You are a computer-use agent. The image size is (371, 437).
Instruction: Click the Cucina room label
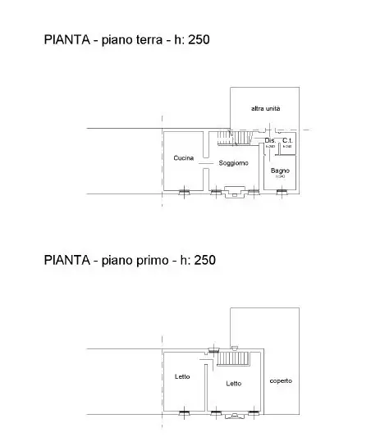click(183, 157)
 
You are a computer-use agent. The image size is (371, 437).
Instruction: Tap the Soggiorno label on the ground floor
click(233, 162)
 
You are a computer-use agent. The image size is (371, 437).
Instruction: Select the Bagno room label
click(280, 170)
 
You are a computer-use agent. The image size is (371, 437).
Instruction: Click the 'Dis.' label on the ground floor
click(270, 141)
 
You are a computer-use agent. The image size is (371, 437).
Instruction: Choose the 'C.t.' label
click(286, 141)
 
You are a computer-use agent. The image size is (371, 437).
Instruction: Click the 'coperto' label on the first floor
click(280, 380)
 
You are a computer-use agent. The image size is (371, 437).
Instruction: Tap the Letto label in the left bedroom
click(182, 376)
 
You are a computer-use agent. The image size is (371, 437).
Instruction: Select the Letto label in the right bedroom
click(234, 382)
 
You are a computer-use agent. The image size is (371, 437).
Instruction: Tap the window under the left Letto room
click(184, 411)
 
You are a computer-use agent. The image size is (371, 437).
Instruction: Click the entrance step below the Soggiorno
click(234, 193)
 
